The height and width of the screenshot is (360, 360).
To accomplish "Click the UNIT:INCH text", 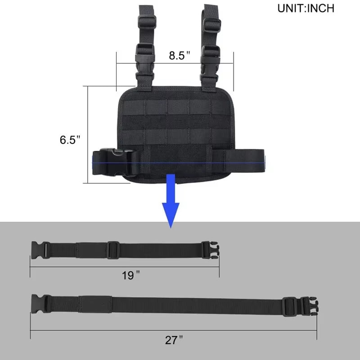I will point(306,9).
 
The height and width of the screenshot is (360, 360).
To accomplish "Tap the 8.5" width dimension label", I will point(180,56).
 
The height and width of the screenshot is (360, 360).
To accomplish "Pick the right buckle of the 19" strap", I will point(210,250).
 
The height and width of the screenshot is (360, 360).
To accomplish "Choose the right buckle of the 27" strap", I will point(306,306).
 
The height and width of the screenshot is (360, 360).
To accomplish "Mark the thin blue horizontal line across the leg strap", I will point(180,162).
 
